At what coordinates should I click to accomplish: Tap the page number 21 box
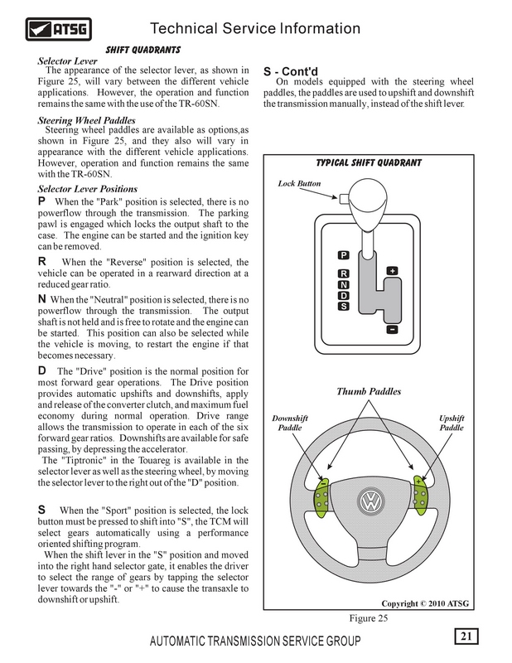466,636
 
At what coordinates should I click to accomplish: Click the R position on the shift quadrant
344,274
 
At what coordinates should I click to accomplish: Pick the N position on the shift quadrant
344,285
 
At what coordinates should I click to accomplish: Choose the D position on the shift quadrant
344,296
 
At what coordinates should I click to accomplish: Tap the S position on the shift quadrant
344,307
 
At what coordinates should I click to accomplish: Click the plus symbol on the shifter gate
392,271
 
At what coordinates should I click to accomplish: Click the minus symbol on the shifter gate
392,328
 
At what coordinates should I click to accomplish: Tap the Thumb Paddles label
370,391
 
